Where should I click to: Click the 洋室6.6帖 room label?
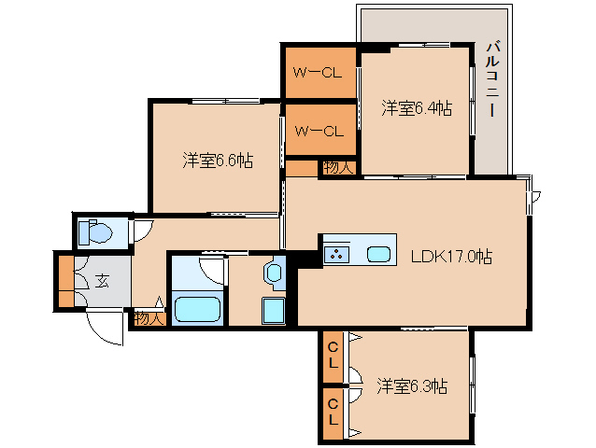click(217, 160)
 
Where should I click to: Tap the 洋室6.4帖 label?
click(417, 108)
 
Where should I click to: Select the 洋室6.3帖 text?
click(412, 385)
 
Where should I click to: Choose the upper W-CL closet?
click(319, 72)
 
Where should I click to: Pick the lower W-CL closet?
click(319, 131)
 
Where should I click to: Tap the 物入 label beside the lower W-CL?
click(337, 168)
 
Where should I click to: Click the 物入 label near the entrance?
click(149, 317)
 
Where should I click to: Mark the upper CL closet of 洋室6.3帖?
click(333, 357)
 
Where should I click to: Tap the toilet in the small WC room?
click(94, 231)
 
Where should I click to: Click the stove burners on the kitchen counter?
click(336, 253)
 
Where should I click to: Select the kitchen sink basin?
click(378, 254)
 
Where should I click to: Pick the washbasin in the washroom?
click(273, 273)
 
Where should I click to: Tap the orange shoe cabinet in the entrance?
click(64, 281)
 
